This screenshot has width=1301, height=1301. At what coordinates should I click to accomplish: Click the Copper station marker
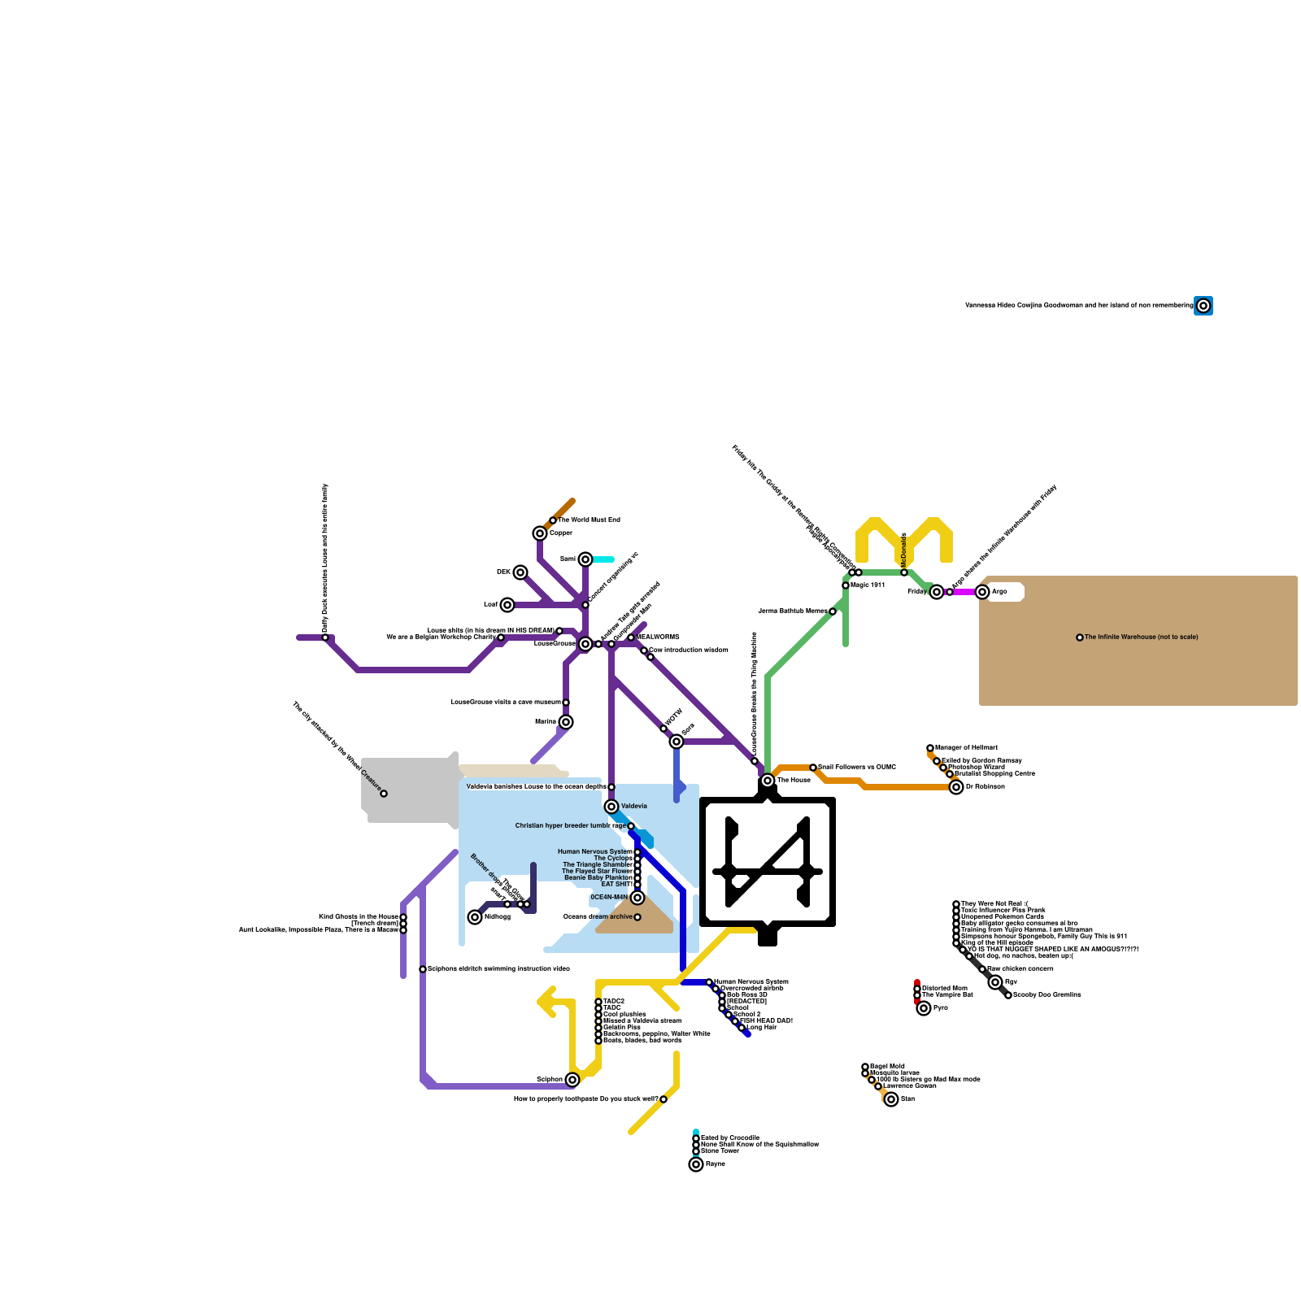coord(540,533)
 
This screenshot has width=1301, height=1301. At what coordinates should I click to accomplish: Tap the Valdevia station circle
coord(611,807)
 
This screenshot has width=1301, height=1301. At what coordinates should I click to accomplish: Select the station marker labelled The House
coord(768,781)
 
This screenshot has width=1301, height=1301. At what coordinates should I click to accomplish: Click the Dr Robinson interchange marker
coord(956,787)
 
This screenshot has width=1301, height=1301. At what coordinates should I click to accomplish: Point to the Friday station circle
coord(937,592)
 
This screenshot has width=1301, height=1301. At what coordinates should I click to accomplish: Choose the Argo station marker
coord(982,592)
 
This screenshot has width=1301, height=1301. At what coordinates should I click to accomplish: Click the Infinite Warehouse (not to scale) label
coord(1141,637)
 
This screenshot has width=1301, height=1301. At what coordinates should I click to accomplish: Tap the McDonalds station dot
coord(904,572)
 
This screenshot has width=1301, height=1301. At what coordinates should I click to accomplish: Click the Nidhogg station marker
coord(475,917)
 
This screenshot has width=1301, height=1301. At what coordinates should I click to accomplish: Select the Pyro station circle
coord(924,1008)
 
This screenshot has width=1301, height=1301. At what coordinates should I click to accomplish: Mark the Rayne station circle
coord(696,1164)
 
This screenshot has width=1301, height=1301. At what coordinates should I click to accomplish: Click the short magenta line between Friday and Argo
coord(965,592)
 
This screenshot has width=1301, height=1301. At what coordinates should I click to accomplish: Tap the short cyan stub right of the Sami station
coord(603,559)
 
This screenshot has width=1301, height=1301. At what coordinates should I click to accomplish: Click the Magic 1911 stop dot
coord(846,585)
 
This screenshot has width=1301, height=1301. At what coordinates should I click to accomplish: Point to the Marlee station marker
coord(566,722)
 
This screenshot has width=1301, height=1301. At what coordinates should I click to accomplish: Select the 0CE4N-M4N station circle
coord(637,898)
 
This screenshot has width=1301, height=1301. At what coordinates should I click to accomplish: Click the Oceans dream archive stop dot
coord(637,917)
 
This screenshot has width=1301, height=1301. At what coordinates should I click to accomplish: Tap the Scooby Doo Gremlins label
coord(1047,995)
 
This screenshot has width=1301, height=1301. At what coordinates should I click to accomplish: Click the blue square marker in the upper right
coord(1203,306)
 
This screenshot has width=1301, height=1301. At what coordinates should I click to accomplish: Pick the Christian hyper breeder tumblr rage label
coord(570,826)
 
